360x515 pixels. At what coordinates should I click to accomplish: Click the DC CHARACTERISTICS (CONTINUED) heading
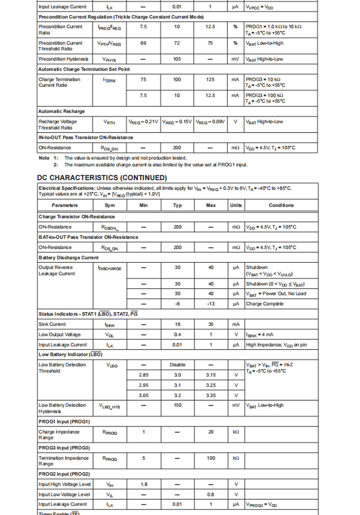[102, 178]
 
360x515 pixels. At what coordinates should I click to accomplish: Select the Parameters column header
[64, 205]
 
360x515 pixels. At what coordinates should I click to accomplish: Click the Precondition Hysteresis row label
[63, 59]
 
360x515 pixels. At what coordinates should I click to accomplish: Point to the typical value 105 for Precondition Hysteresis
[177, 59]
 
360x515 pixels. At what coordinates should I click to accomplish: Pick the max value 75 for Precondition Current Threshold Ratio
[211, 43]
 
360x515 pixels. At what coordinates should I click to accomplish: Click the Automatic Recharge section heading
[62, 111]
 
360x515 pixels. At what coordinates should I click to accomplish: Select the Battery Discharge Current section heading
[68, 258]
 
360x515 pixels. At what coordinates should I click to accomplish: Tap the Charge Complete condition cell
[265, 304]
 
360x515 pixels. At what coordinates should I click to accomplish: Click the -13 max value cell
[211, 304]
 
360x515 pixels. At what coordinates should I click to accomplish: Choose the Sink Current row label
[52, 324]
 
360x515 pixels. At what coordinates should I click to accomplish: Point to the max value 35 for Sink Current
[211, 324]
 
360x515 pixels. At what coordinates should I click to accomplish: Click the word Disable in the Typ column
[177, 365]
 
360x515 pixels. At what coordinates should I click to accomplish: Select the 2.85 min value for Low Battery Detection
[144, 375]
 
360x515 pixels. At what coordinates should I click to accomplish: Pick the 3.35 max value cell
[211, 395]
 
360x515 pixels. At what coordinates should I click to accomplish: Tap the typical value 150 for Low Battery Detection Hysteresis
[177, 405]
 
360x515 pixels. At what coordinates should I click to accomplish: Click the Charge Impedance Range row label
[59, 434]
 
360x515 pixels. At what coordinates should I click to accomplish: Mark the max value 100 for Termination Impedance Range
[211, 458]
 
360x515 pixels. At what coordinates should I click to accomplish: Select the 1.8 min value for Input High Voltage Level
[144, 484]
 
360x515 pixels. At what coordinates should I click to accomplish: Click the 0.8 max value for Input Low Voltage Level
[211, 495]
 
